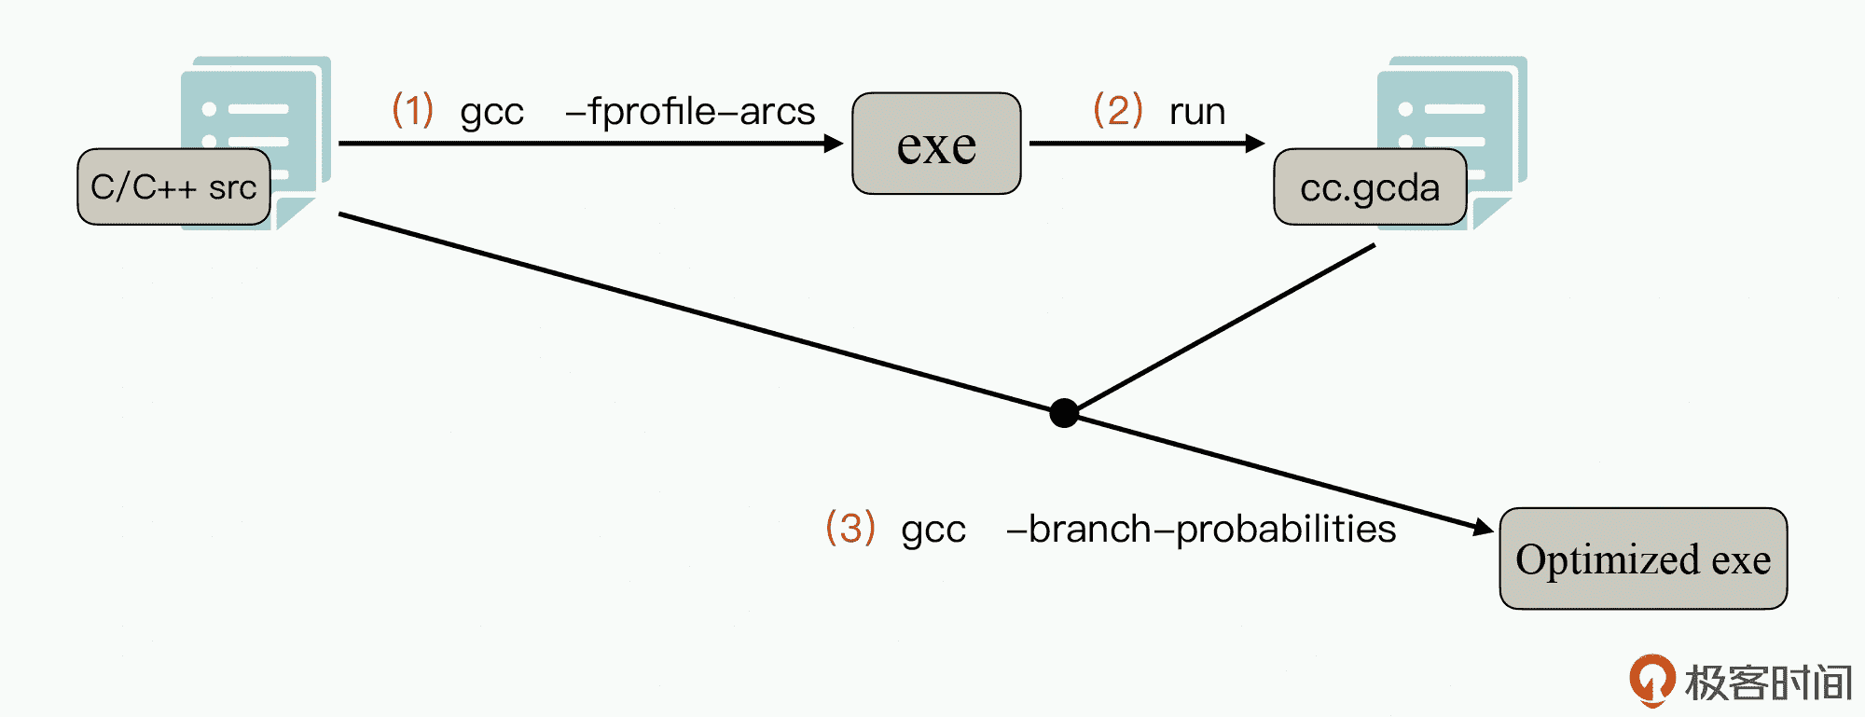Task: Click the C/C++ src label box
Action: click(x=173, y=186)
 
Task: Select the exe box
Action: click(x=936, y=144)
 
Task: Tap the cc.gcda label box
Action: click(x=1370, y=187)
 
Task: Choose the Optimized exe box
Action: click(x=1643, y=558)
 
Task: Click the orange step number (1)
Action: click(x=412, y=110)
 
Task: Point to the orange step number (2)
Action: click(x=1117, y=110)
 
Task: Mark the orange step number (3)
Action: click(x=850, y=528)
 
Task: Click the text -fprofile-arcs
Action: click(x=690, y=111)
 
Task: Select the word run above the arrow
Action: click(x=1197, y=112)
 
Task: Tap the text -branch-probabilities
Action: click(x=1201, y=529)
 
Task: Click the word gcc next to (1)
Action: click(x=491, y=113)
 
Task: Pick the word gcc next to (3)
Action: click(x=932, y=531)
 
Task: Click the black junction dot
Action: click(x=1064, y=412)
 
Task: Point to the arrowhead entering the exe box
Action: click(x=834, y=144)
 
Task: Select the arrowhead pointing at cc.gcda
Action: click(x=1255, y=144)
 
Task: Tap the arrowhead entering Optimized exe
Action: click(x=1483, y=528)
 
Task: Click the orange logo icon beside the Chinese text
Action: click(x=1651, y=680)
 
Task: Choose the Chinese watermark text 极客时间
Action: click(x=1768, y=683)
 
